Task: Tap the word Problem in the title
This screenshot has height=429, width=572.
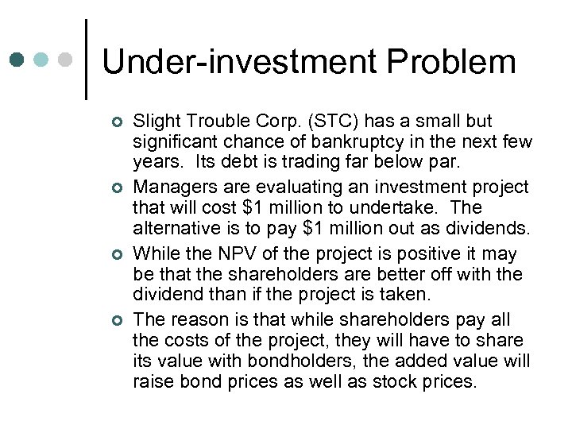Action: coord(445,62)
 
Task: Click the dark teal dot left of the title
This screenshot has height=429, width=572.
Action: coord(18,60)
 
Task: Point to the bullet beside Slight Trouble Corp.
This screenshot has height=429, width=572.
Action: coord(117,122)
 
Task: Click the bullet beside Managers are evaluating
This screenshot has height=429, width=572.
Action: coord(117,188)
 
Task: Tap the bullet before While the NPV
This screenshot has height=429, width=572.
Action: coord(117,255)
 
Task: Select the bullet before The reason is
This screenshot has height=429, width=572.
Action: coord(117,321)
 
